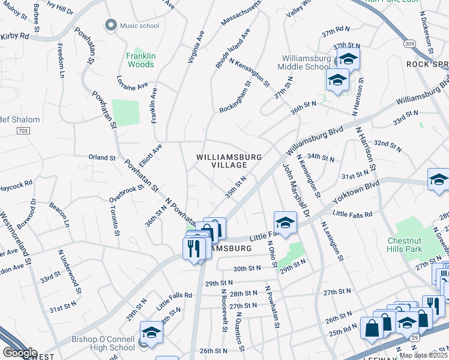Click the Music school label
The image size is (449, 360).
140,25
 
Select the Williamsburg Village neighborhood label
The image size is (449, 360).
229,161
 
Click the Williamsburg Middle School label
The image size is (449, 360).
306,62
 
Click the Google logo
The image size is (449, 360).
20,353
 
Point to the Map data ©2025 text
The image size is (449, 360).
423,355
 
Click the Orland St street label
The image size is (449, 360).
101,157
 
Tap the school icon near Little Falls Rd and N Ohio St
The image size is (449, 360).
286,222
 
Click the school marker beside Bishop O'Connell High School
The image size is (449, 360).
151,332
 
